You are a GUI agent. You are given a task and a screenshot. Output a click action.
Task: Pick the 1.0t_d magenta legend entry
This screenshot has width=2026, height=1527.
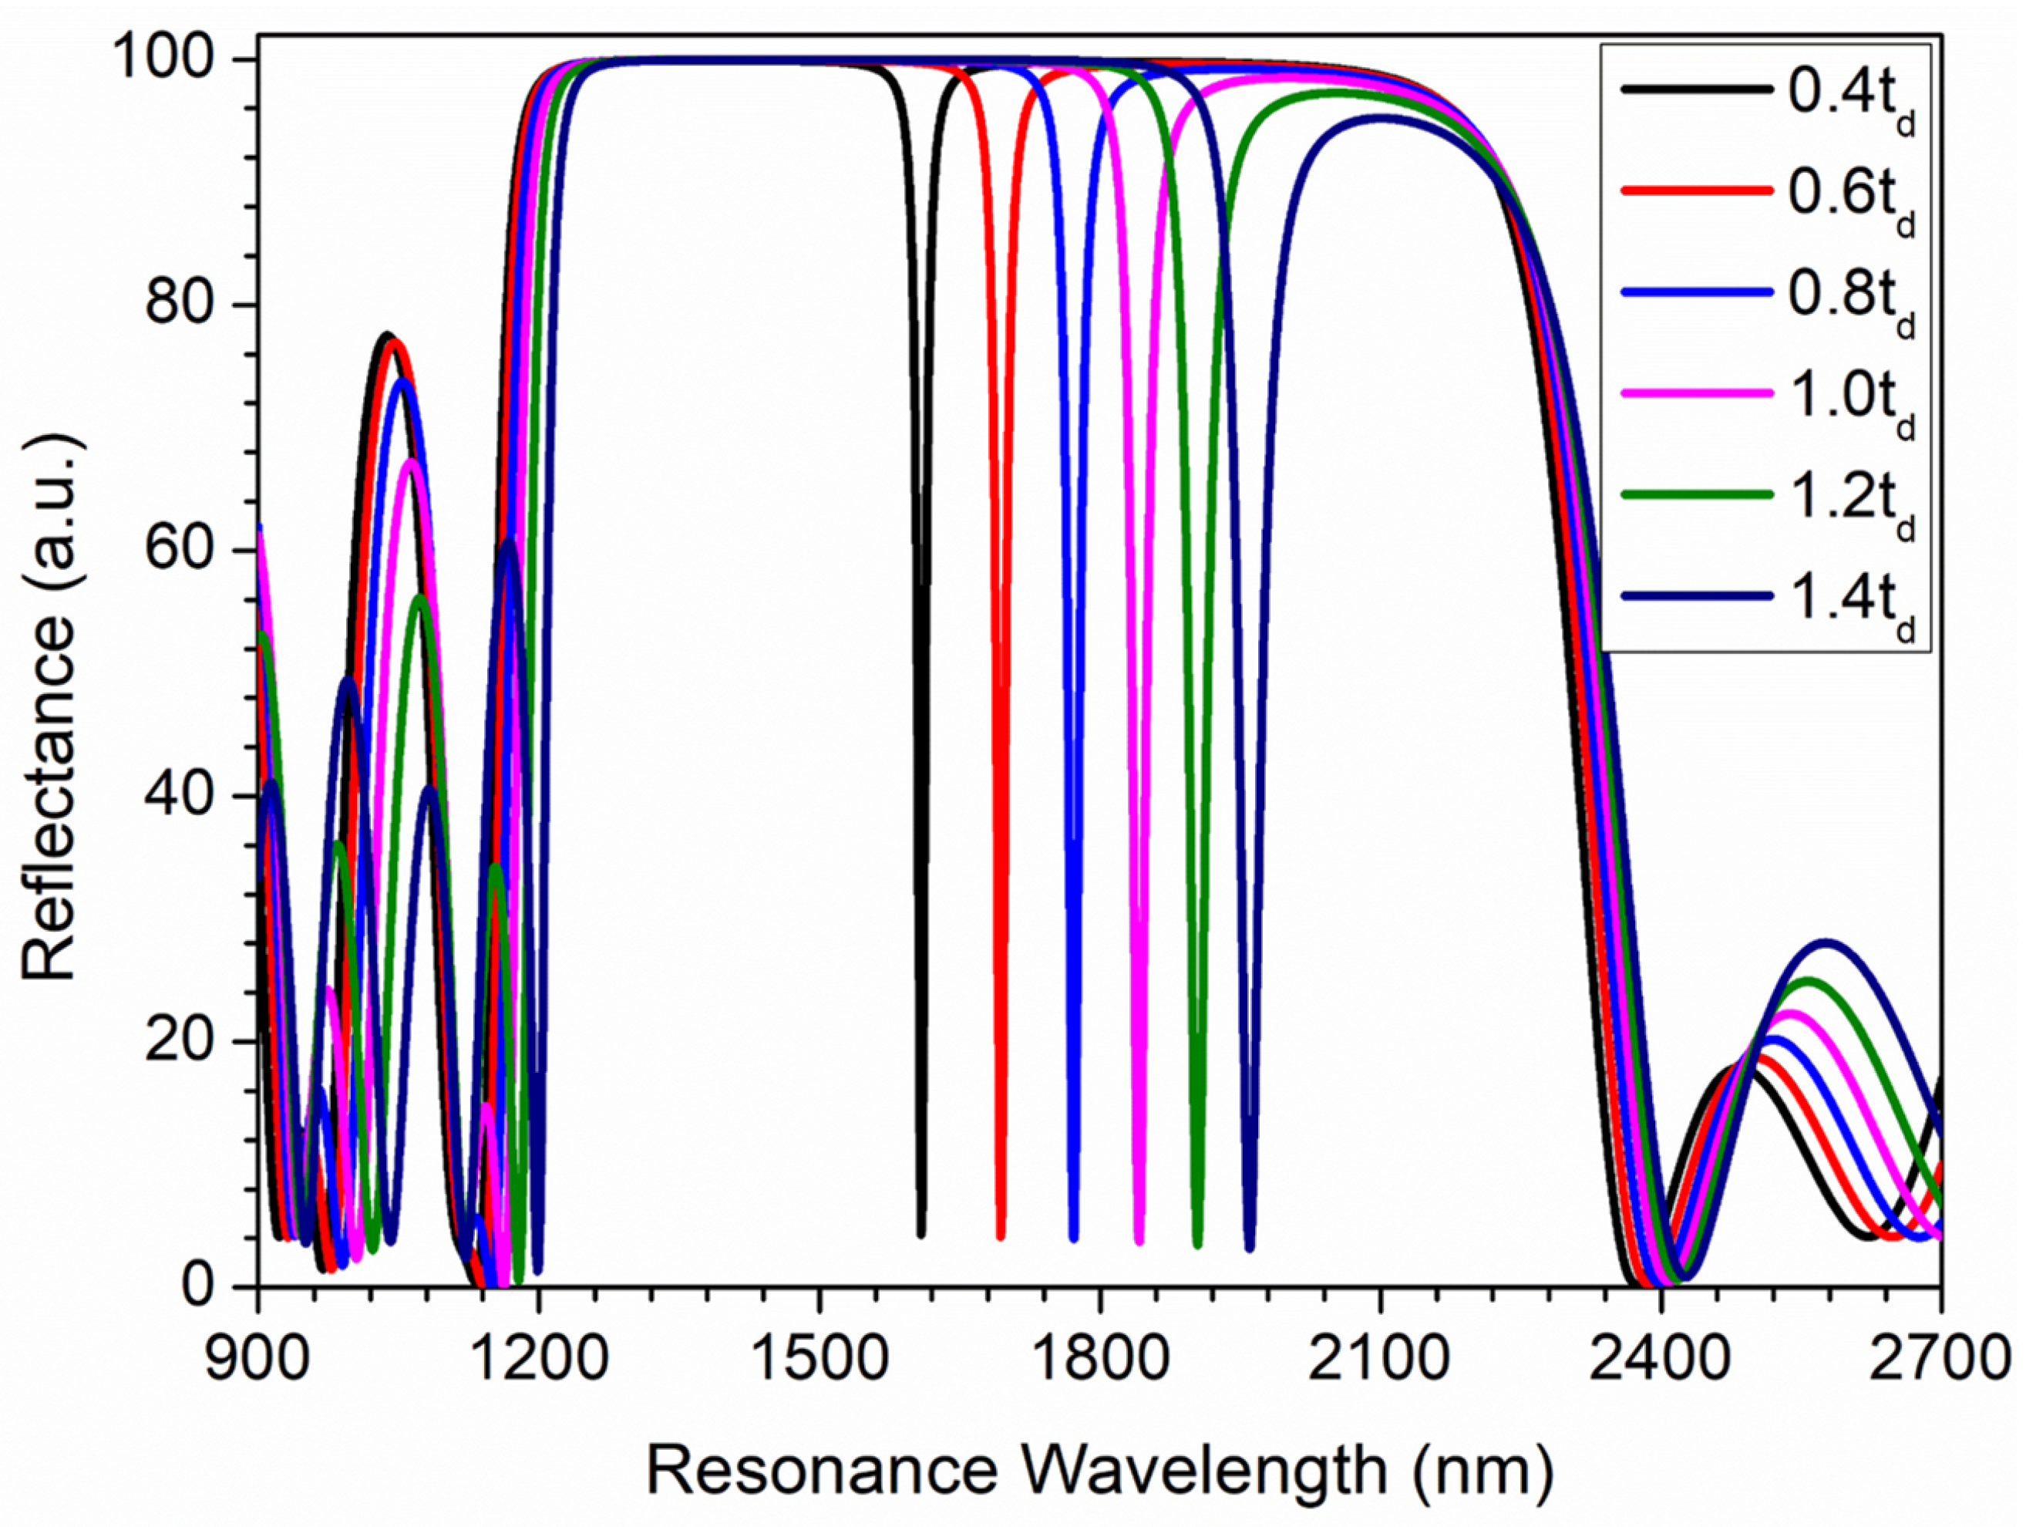[x=1849, y=402]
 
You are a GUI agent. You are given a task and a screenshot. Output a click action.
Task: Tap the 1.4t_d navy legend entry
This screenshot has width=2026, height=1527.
[x=1849, y=605]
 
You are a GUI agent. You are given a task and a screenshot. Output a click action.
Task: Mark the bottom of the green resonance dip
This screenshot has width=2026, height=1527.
[x=1197, y=1244]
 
